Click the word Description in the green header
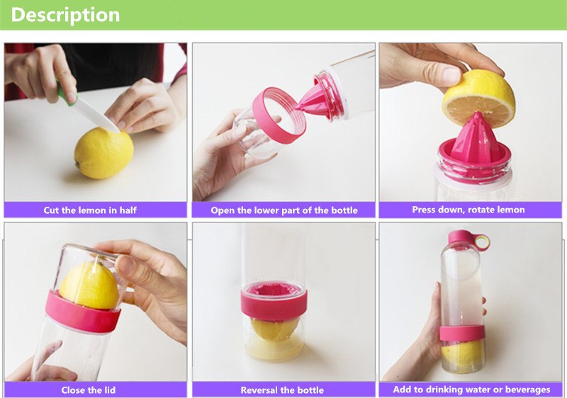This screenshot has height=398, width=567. coord(65,15)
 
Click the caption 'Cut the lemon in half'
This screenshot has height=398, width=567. coord(90,210)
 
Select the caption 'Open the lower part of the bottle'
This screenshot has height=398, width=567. coord(284,210)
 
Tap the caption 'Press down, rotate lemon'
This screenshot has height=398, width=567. coord(468,210)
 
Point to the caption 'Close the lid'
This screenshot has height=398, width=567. coord(88,390)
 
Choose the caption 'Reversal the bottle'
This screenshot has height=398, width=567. coord(282,390)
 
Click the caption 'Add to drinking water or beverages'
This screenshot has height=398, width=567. coord(471,390)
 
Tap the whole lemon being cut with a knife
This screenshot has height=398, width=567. coord(103,153)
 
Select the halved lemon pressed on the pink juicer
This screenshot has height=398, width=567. coord(479,98)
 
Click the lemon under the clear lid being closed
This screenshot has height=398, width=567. coord(89,285)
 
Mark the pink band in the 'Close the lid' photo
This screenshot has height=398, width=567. coord(82,312)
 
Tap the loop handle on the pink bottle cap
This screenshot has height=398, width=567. coord(483,242)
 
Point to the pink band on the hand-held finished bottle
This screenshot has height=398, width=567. coord(462,333)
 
